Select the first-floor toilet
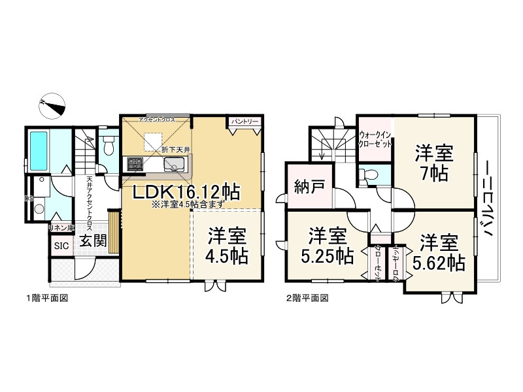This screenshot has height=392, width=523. [108, 144]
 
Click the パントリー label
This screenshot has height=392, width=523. [245, 122]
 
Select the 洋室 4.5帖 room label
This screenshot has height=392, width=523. [228, 245]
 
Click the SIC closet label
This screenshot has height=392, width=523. [61, 246]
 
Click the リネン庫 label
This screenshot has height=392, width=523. [61, 229]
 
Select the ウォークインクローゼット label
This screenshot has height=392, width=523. [375, 139]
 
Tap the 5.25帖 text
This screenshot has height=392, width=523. [328, 255]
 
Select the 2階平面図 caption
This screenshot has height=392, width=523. [307, 298]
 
